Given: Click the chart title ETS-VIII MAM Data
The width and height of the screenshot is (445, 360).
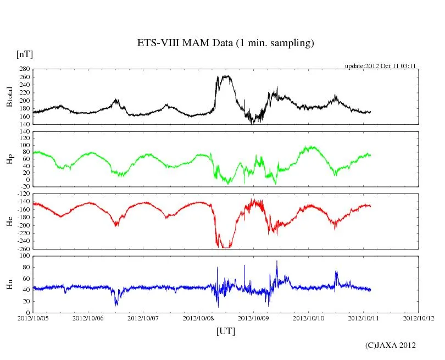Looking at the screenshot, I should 225,43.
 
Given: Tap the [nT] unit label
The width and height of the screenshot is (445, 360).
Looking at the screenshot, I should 25,54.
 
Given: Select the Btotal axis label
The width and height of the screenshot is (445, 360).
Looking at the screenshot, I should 9,97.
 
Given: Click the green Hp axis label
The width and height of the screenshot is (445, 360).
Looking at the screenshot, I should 9,159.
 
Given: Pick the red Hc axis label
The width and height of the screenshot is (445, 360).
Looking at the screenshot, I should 9,221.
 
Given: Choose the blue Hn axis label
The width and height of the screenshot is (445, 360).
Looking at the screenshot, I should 9,284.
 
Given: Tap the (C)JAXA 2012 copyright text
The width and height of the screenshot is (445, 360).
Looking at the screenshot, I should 391,345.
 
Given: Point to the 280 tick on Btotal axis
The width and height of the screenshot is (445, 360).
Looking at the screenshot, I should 25,69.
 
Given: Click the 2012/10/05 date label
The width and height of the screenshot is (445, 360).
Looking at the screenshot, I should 33,318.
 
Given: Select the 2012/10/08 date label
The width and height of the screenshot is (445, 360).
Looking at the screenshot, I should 198,318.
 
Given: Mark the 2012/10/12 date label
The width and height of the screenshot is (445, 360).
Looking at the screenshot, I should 419,318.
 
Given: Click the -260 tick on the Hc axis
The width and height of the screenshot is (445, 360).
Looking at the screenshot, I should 24,248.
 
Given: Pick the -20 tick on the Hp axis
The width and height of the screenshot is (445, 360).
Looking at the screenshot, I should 25,186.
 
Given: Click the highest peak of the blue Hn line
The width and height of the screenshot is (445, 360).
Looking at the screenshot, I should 277,261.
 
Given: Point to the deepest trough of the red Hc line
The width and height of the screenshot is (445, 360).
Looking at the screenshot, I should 225,247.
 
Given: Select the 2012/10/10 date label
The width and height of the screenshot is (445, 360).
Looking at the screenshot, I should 308,318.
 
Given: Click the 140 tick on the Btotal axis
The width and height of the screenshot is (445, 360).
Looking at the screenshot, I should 25,124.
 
